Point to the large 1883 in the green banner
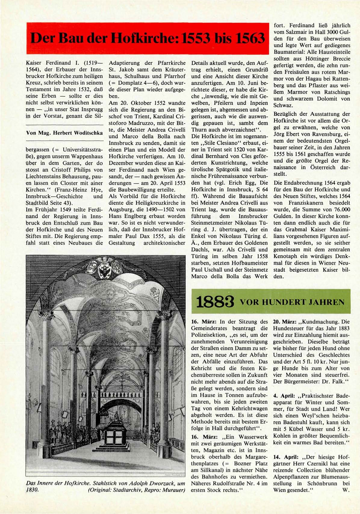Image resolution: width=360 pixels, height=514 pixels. [215, 302]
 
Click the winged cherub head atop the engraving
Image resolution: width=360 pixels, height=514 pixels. [105, 260]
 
